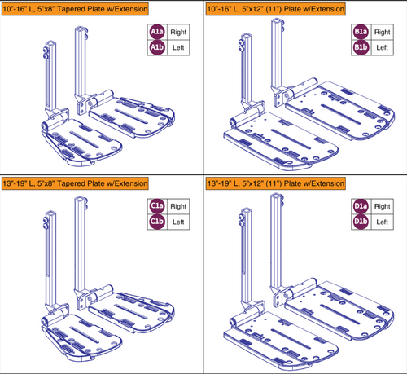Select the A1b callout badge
[x=156, y=48]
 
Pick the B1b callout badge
[x=361, y=48]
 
